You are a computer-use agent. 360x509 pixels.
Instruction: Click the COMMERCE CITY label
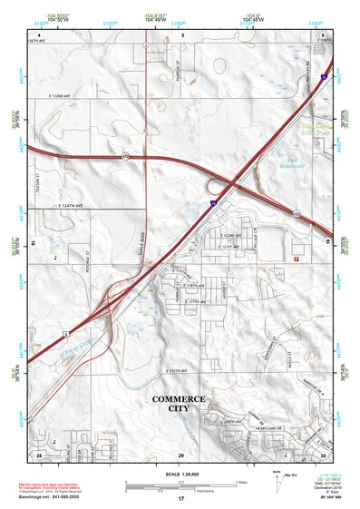coord(179,405)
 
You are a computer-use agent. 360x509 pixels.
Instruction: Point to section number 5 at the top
coord(182,35)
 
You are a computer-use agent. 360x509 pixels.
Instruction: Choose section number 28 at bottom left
coord(40,455)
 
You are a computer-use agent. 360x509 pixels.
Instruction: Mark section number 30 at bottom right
coord(322,455)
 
